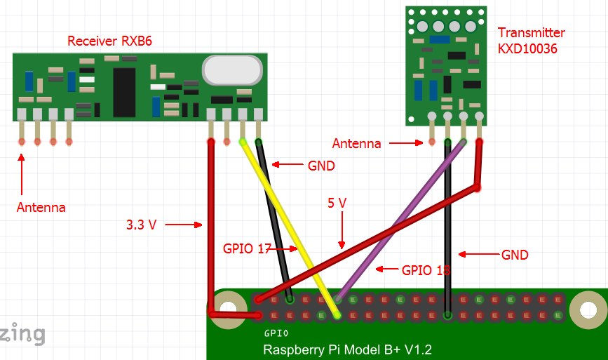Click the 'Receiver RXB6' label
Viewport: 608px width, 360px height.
coord(109,41)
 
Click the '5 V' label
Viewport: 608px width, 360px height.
coord(337,203)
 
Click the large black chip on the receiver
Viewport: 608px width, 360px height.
coord(124,92)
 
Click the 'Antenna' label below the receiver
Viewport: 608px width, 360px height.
coord(41,208)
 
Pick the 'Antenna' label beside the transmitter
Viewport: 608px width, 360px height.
coord(356,144)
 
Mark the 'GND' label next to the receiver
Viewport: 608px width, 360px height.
coord(321,166)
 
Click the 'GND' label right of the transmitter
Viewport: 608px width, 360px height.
coord(515,255)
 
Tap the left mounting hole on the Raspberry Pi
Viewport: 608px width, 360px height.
coord(226,308)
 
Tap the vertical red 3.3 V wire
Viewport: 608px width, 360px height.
coord(210,225)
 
